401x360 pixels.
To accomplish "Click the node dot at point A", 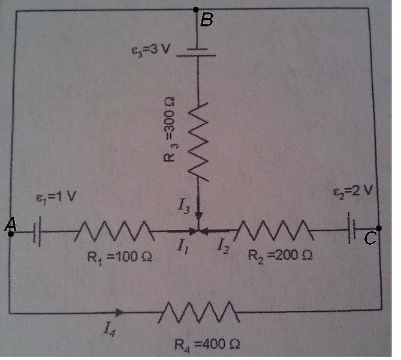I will pyautogui.click(x=11, y=233).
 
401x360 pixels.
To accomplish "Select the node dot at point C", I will pyautogui.click(x=379, y=228).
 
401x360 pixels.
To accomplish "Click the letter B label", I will pyautogui.click(x=207, y=20).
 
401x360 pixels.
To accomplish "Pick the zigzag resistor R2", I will pyautogui.click(x=274, y=229).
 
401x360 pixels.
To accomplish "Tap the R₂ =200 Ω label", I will pyautogui.click(x=281, y=256).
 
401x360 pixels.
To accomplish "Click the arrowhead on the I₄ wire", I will pyautogui.click(x=122, y=312).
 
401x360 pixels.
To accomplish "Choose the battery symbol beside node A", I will pyautogui.click(x=37, y=233).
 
